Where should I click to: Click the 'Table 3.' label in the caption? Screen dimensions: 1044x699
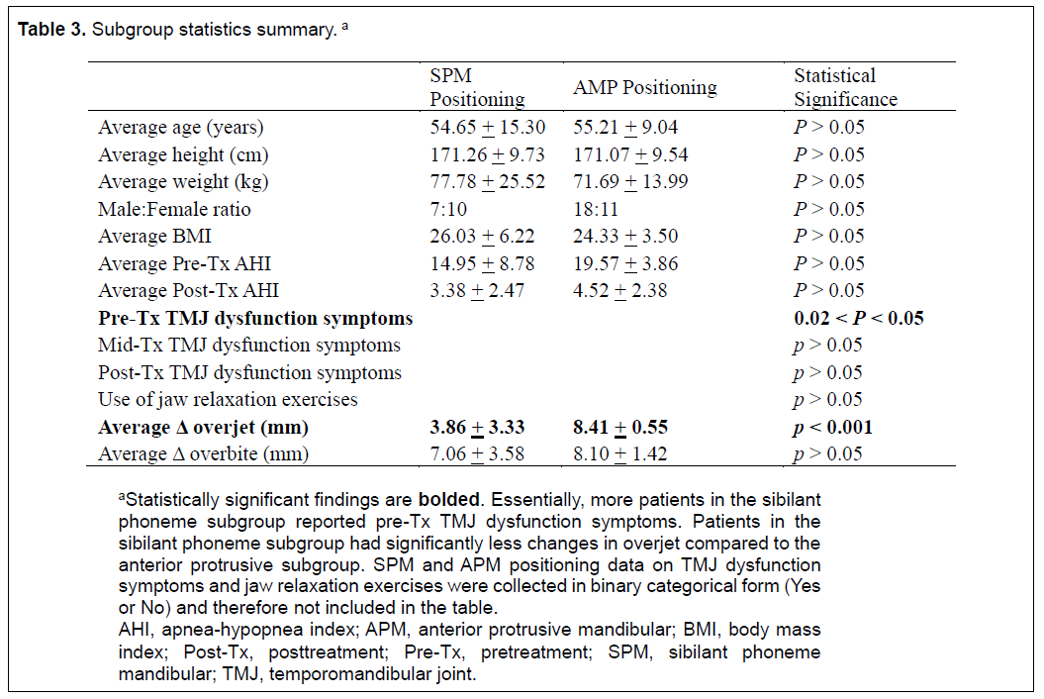pos(51,30)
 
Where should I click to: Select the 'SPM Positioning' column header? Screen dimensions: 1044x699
pos(477,87)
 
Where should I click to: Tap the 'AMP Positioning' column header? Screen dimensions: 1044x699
pos(645,87)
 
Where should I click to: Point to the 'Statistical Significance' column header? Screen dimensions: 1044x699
pos(845,87)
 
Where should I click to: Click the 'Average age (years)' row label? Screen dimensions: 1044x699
pos(181,128)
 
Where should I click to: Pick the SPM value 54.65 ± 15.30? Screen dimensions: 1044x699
pos(488,128)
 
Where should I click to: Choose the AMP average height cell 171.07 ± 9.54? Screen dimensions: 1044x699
pos(630,154)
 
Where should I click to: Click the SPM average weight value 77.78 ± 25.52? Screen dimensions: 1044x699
pos(488,182)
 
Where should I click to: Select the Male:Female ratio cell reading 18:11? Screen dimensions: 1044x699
pos(596,209)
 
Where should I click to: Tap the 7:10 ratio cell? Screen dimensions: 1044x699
pos(448,209)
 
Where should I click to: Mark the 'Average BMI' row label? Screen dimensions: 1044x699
pos(154,237)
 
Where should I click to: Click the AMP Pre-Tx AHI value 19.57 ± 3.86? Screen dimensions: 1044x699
pos(625,264)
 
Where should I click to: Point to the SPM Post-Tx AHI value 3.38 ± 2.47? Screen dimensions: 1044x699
pos(477,291)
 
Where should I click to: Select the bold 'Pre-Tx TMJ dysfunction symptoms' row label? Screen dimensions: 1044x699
pos(255,319)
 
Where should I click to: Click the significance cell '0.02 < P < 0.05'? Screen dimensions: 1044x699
pos(859,319)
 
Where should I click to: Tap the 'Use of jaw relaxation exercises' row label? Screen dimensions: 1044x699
pos(228,400)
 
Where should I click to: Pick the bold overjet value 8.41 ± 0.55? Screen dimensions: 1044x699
pos(620,427)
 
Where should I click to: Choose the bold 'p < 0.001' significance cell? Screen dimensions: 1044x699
pos(832,427)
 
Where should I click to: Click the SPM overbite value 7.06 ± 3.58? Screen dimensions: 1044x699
pos(477,454)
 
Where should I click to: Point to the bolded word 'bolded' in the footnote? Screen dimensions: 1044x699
pos(448,500)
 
